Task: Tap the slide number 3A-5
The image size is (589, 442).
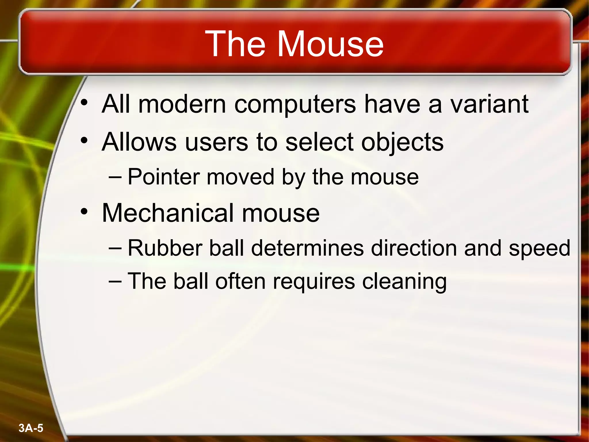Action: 31,428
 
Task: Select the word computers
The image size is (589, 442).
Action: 295,104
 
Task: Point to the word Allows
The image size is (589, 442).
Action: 139,142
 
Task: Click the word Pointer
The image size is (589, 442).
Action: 164,177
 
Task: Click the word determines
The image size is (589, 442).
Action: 307,248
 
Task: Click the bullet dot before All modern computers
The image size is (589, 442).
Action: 84,103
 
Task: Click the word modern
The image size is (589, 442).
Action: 182,104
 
